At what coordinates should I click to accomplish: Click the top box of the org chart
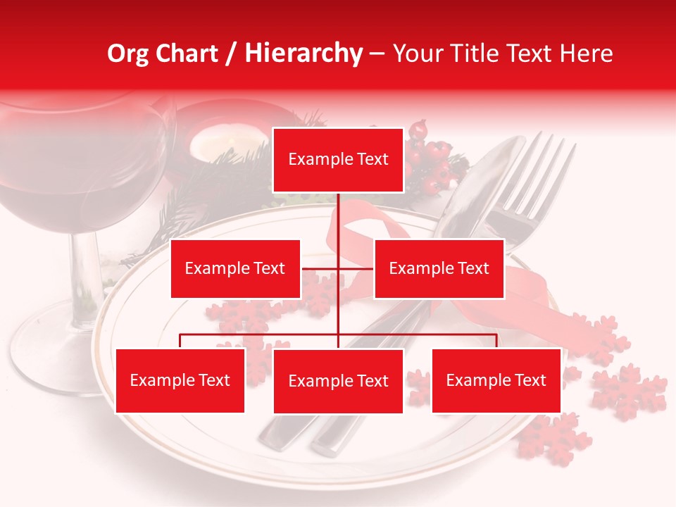pos(338,160)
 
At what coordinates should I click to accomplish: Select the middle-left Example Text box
pos(235,268)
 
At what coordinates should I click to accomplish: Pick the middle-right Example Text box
pos(439,268)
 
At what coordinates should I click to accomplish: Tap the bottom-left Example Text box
pos(180,380)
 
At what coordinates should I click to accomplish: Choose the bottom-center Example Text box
pos(338,381)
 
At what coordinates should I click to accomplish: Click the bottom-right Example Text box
pos(496,380)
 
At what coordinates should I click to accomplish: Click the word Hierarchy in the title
pos(303,54)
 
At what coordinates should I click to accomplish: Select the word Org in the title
pos(127,54)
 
